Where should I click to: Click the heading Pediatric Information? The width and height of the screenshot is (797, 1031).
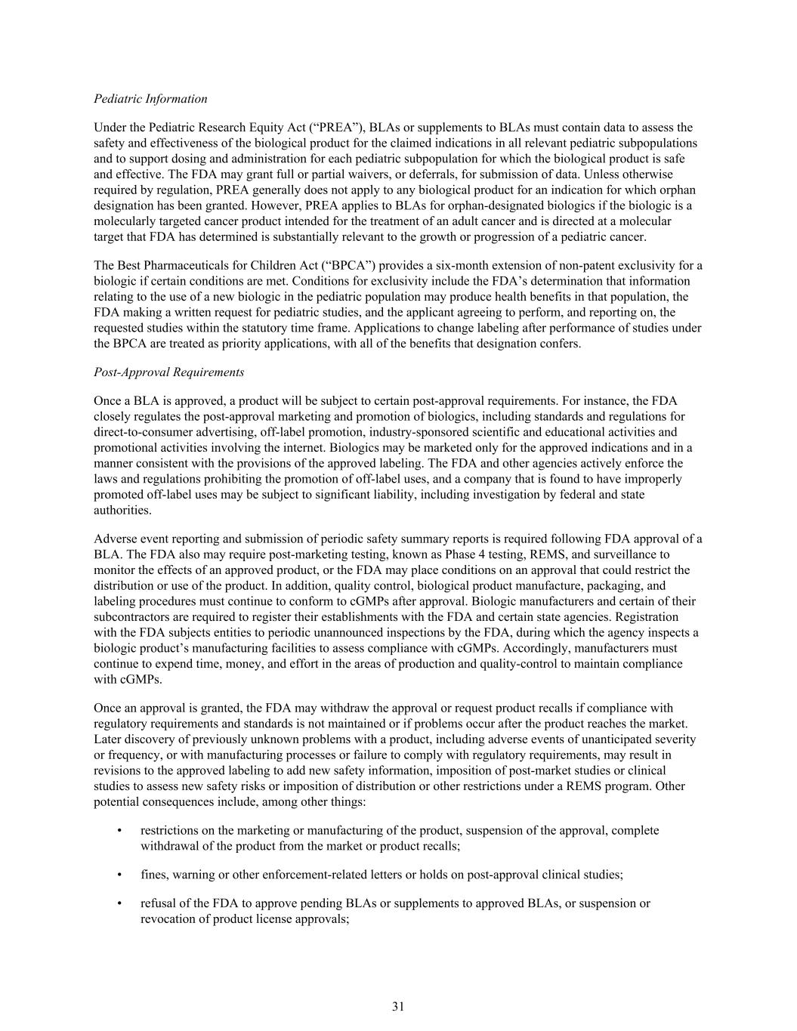pyautogui.click(x=150, y=99)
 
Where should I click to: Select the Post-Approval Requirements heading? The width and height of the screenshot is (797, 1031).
pyautogui.click(x=168, y=372)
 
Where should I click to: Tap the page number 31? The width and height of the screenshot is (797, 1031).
pyautogui.click(x=398, y=1006)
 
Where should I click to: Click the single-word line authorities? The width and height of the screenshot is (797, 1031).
pyautogui.click(x=122, y=511)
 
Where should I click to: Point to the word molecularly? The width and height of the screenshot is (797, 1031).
pyautogui.click(x=124, y=221)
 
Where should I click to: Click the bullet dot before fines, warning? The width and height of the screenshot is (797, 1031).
pyautogui.click(x=120, y=875)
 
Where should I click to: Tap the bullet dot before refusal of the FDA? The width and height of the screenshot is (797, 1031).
pyautogui.click(x=120, y=903)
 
